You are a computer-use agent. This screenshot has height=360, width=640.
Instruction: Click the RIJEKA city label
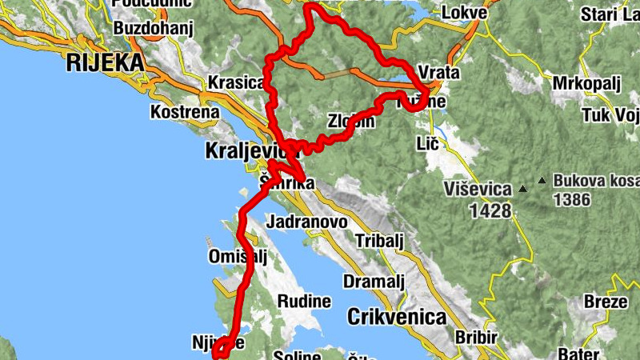click(x=106, y=62)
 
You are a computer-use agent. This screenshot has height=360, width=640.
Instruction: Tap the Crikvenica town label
click(x=396, y=317)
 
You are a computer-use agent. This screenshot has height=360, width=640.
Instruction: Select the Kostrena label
click(x=184, y=111)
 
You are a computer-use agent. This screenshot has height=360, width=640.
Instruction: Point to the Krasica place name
click(x=235, y=82)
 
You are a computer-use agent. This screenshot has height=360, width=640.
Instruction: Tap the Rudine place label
click(x=304, y=302)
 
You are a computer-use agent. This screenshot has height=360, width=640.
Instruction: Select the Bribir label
click(x=475, y=337)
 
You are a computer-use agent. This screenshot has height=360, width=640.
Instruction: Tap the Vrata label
click(x=438, y=73)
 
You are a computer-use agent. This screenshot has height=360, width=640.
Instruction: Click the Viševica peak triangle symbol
click(x=522, y=190)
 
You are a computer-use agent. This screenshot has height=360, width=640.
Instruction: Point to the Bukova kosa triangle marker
click(x=543, y=180)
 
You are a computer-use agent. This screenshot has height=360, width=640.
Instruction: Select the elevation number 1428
click(x=491, y=210)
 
